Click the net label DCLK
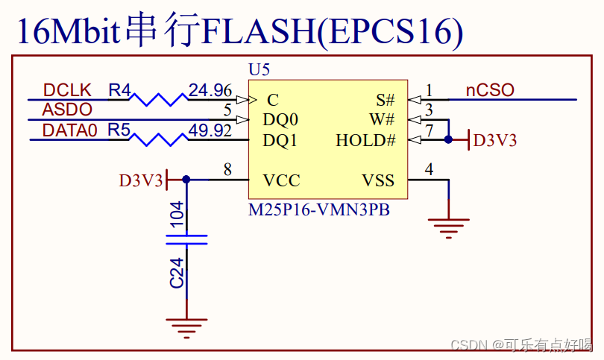[67, 90]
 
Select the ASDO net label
[67, 110]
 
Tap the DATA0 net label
[69, 130]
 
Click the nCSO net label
[490, 90]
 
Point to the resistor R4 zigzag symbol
[160, 99]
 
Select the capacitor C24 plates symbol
[186, 239]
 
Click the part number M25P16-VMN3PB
[319, 210]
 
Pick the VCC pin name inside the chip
[281, 180]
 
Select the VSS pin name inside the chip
[378, 180]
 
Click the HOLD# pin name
[365, 140]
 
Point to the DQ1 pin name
[280, 140]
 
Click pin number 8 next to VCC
[227, 171]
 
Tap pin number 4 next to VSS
[429, 171]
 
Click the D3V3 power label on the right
[495, 140]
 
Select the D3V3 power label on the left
[140, 180]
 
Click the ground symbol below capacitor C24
[186, 325]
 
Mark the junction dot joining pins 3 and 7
[448, 139]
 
